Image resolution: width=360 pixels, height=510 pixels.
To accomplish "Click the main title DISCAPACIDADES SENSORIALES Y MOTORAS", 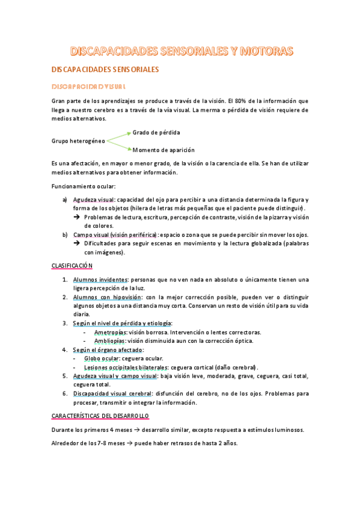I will (181, 51).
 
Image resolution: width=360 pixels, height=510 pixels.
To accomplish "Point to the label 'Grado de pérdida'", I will (156, 132).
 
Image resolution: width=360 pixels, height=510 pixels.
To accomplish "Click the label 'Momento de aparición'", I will (163, 150).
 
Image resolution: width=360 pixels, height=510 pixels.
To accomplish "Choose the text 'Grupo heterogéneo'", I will (79, 141).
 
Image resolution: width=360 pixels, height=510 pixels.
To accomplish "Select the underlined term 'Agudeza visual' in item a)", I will (94, 200).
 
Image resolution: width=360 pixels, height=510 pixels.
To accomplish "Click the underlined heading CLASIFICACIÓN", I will (72, 265).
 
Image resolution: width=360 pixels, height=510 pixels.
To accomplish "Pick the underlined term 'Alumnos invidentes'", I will (100, 279).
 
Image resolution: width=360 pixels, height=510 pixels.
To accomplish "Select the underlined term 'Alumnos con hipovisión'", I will (108, 296).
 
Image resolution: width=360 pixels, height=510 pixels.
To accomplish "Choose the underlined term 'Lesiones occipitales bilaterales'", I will (126, 367).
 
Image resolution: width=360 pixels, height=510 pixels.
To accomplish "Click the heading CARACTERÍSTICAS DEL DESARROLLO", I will (100, 416).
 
